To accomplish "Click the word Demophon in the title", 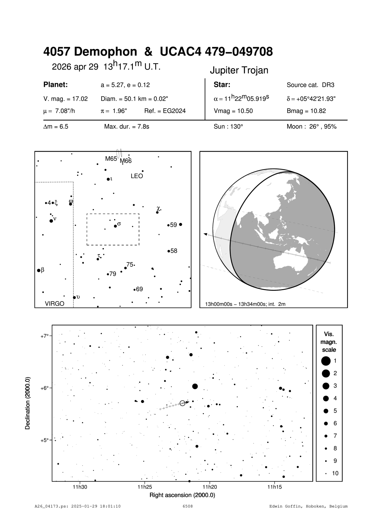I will tap(105, 52).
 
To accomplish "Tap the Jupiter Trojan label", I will tap(239, 70).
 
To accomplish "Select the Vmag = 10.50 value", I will tap(233, 111).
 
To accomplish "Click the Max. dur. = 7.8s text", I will tap(127, 127).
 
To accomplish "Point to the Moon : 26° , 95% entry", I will tap(311, 127).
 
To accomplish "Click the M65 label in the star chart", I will tap(111, 159).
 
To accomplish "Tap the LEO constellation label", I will tap(137, 176).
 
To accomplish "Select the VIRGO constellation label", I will tap(54, 304).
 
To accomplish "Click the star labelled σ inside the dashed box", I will tap(115, 226).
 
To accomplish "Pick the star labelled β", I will tap(39, 270).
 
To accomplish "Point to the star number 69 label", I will tap(139, 289).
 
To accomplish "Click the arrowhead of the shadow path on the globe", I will tap(206, 234).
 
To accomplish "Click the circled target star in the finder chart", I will tap(182, 403).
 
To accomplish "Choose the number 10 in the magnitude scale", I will tap(335, 473).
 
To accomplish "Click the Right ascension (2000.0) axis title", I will tap(182, 495).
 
